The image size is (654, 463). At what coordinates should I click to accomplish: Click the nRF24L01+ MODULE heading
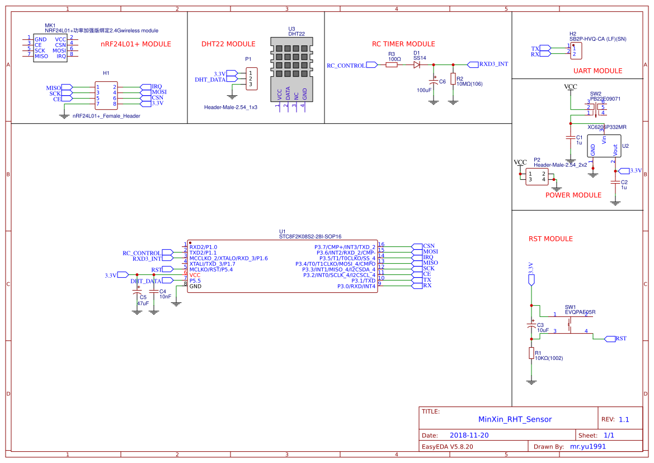135,44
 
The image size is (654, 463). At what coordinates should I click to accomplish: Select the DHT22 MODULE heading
228,44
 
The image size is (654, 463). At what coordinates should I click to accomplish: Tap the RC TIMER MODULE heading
403,44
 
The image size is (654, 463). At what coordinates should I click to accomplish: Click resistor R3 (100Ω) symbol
392,65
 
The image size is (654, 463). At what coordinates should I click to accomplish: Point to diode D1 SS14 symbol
417,65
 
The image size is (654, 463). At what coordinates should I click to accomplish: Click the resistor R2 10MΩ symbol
453,79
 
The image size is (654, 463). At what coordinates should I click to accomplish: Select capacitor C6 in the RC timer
433,82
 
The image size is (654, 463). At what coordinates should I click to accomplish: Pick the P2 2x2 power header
537,177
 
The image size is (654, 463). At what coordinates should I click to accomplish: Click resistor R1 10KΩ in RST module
531,353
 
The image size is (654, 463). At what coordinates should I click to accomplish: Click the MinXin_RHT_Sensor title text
515,419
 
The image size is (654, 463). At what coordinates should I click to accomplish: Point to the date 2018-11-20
469,435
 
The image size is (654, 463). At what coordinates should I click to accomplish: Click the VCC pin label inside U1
195,275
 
